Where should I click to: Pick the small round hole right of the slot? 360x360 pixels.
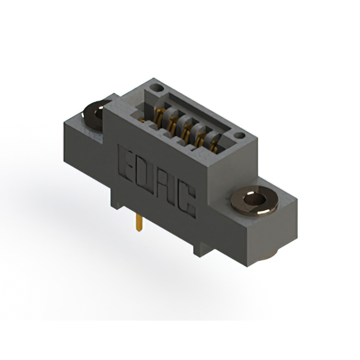click(x=239, y=135)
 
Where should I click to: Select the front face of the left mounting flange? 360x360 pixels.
click(x=84, y=141)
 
